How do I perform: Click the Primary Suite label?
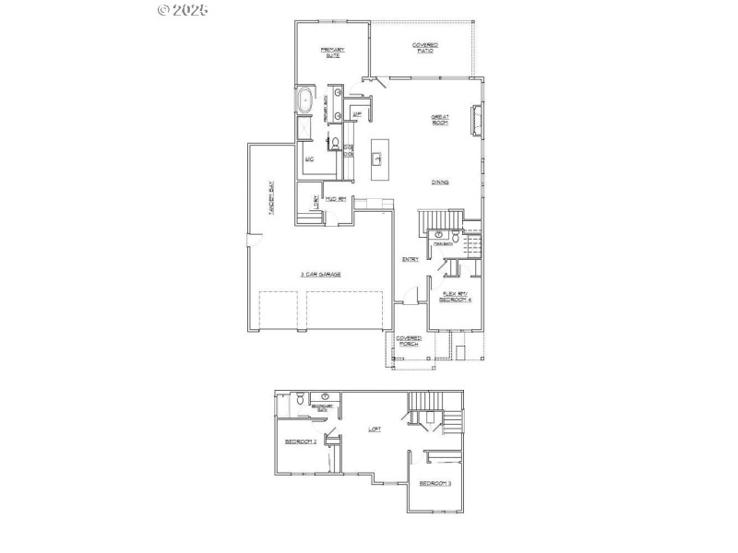pos(332,52)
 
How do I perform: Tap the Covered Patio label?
pos(424,47)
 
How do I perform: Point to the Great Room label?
pos(440,119)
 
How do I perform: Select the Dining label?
pos(440,182)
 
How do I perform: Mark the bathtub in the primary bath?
pos(305,103)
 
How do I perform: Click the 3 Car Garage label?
pos(320,274)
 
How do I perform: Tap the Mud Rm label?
pos(335,199)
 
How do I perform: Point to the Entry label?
pos(411,259)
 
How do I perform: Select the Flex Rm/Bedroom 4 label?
pos(455,297)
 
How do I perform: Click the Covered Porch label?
pos(409,341)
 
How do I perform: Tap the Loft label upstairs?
pos(375,429)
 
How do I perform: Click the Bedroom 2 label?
pos(301,442)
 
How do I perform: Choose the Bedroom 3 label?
pos(434,483)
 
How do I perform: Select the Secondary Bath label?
pos(321,406)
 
